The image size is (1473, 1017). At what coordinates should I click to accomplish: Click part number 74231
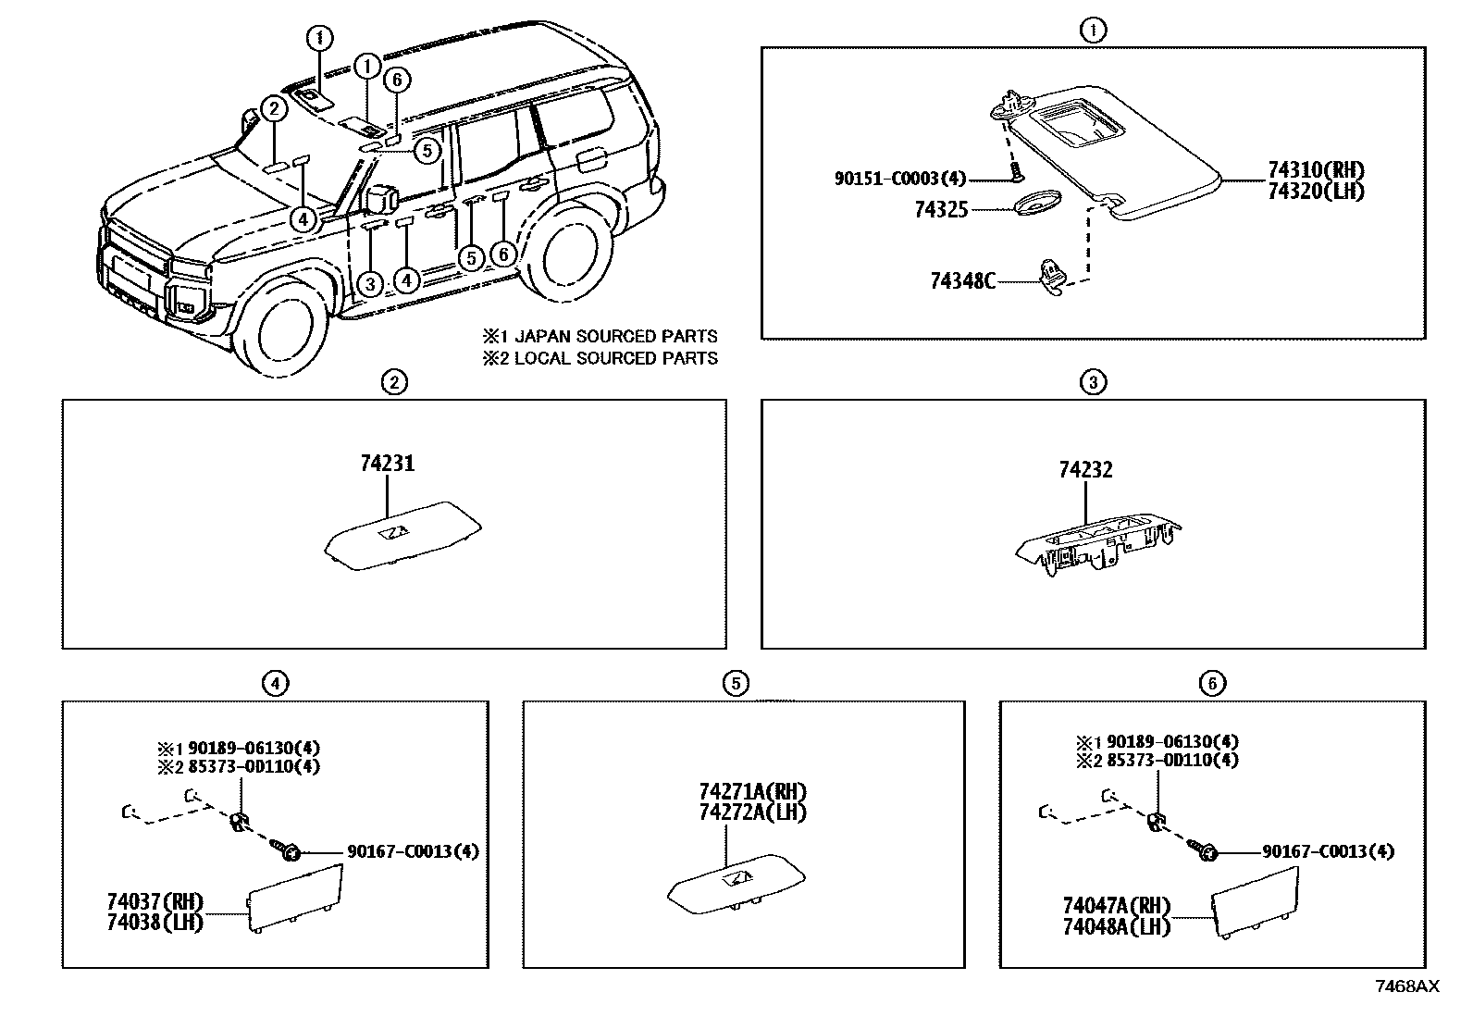click(x=388, y=464)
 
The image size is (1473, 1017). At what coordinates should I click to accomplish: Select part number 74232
click(x=1085, y=470)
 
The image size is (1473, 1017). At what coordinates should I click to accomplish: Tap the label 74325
click(x=941, y=210)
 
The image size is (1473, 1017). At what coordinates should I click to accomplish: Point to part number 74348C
click(x=962, y=279)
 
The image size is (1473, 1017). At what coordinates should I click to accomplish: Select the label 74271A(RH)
click(x=753, y=792)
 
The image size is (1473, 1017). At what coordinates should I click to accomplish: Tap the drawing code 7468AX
click(x=1406, y=986)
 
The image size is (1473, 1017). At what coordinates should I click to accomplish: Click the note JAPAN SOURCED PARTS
click(x=615, y=336)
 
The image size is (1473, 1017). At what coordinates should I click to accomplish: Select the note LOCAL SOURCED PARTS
click(x=615, y=358)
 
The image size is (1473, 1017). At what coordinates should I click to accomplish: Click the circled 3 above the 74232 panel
click(x=1093, y=381)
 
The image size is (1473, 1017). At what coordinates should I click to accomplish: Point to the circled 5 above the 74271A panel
click(x=735, y=683)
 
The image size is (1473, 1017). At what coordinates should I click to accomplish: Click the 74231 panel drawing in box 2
click(x=402, y=537)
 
